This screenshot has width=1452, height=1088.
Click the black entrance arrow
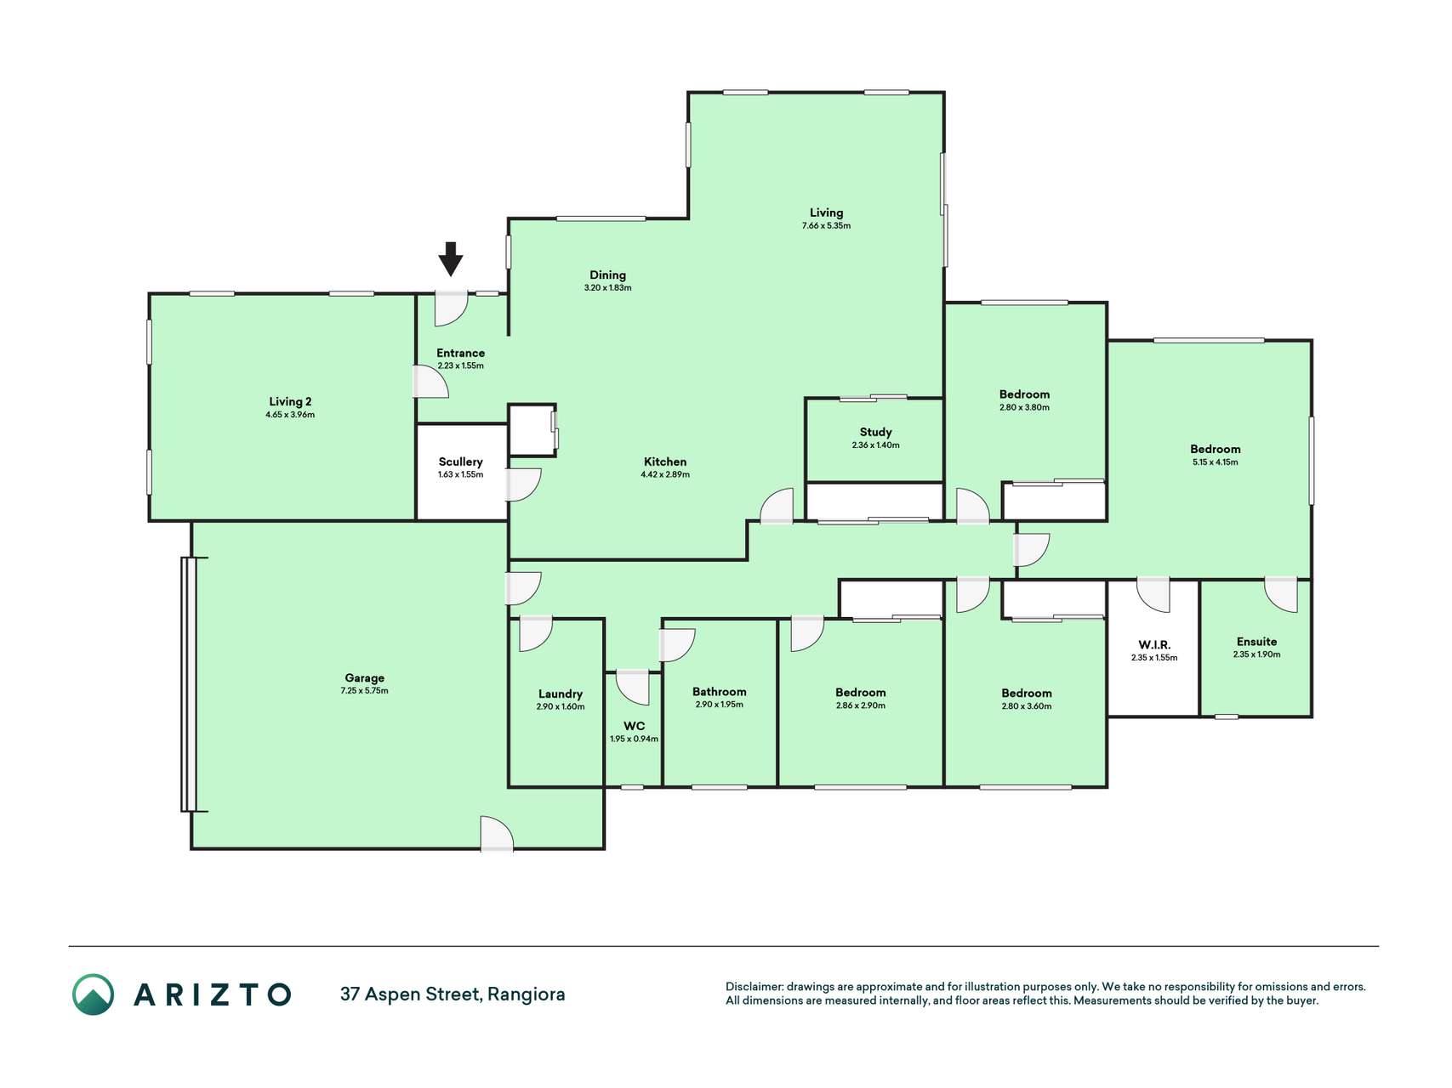451,259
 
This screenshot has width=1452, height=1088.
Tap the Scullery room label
460,462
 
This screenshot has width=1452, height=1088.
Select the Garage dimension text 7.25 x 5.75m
364,691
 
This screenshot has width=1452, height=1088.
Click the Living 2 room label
290,401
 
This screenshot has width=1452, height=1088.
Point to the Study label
875,432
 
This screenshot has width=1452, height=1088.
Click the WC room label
634,726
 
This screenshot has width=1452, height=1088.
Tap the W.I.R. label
1154,645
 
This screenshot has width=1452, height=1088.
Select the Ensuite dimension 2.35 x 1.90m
1256,654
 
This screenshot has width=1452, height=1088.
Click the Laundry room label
561,694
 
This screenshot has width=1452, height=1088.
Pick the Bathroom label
719,692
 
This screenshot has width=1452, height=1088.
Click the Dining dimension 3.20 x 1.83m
607,288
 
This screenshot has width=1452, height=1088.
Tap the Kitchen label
665,462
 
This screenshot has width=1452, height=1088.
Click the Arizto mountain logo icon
93,994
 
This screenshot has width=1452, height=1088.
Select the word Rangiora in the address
526,994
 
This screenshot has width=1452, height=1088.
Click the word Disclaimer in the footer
754,987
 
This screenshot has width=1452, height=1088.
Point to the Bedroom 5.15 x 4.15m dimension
1215,462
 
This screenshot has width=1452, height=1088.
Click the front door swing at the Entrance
451,309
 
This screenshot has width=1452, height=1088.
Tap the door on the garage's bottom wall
497,833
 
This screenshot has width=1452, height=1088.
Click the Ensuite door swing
1281,595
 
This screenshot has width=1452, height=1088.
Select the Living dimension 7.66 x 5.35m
826,226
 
